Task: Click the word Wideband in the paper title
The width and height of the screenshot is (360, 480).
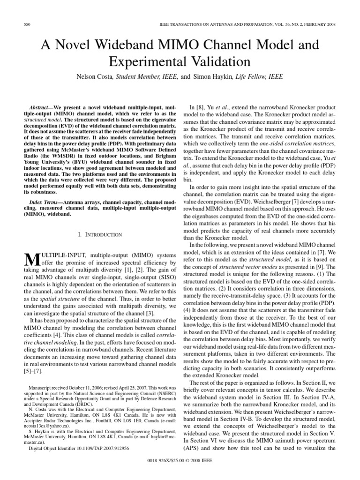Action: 129,45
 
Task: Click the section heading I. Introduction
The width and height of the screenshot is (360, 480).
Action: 99,234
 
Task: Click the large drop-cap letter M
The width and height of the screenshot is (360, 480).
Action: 30,259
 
